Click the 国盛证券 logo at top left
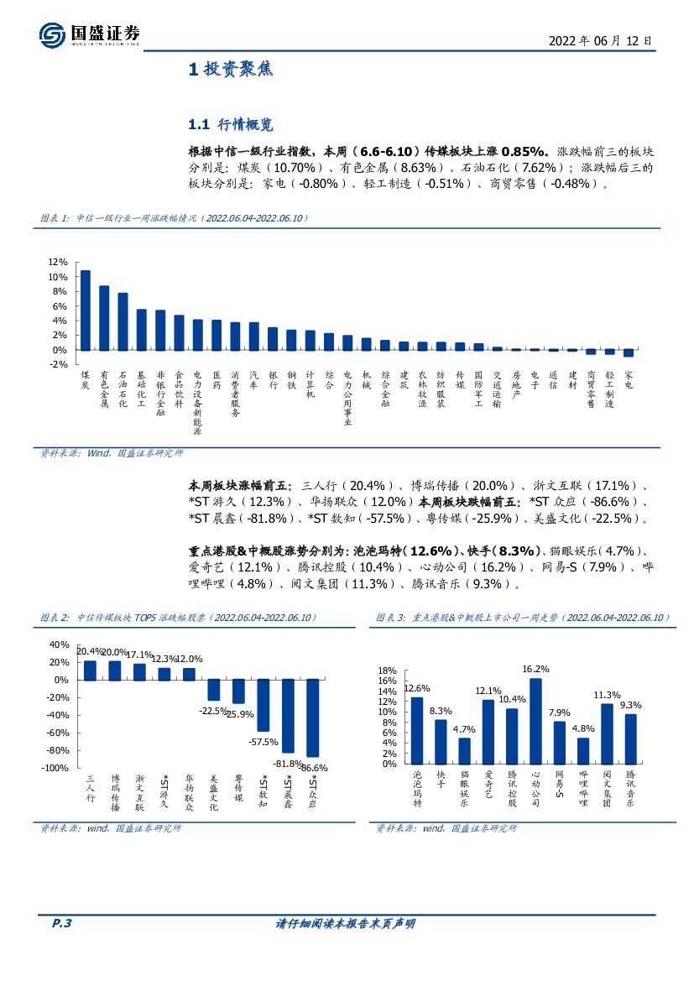point(88,34)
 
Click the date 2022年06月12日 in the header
point(599,39)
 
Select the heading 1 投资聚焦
point(231,70)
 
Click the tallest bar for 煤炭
point(85,310)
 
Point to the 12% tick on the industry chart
point(57,262)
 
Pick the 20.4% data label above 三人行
point(90,651)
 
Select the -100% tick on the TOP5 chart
point(55,768)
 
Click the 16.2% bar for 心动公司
point(535,721)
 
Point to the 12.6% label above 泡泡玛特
point(417,688)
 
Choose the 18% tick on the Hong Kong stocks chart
point(386,671)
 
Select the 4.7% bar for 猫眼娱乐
point(464,750)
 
